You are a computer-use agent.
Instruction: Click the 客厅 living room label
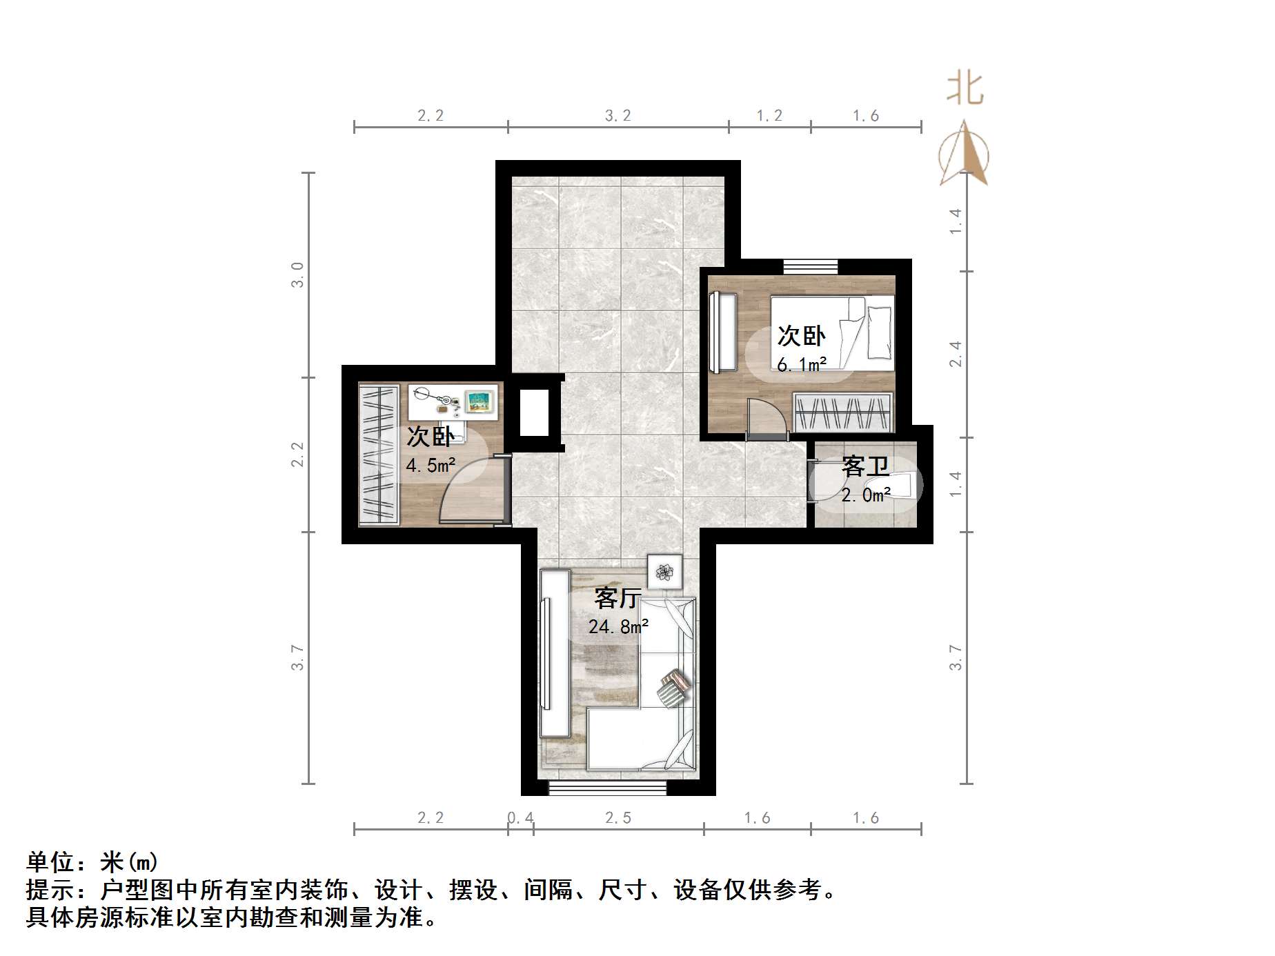(618, 597)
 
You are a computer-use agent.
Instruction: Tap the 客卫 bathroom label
(865, 467)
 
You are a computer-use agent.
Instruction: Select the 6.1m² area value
(801, 364)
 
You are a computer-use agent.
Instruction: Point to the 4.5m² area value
(431, 465)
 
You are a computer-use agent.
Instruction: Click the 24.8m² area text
(618, 626)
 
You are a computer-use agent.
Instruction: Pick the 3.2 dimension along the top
(618, 116)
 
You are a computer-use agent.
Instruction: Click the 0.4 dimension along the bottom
(521, 818)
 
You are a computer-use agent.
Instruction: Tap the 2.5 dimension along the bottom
(618, 818)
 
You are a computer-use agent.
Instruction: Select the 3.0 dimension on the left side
(297, 275)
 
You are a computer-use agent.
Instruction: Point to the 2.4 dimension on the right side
(956, 354)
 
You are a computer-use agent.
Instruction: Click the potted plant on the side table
(665, 571)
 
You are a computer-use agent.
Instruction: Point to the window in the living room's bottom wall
(608, 788)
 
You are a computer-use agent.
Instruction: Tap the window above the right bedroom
(811, 266)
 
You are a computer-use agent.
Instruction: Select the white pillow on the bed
(880, 331)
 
